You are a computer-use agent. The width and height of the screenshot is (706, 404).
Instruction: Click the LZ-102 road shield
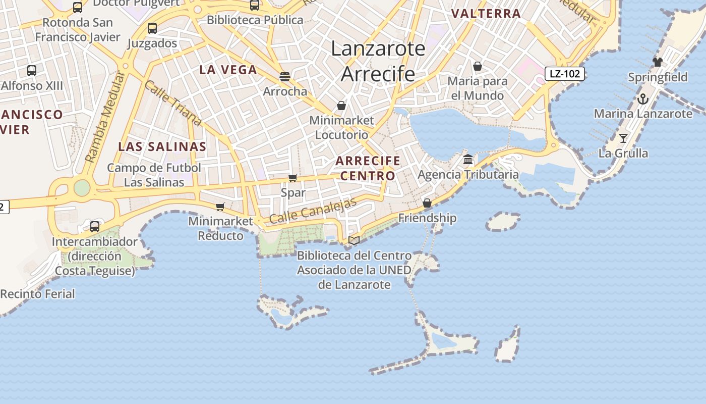565,74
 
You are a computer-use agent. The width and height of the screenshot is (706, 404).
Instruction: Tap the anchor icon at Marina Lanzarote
642,99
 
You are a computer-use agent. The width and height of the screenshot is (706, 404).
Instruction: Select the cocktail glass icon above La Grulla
623,138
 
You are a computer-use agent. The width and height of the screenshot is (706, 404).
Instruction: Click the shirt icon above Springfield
657,62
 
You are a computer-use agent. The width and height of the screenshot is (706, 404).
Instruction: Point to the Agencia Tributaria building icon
468,160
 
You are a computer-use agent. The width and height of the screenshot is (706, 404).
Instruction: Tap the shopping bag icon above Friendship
427,203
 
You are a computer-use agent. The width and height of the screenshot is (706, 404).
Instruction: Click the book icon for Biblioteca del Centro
354,240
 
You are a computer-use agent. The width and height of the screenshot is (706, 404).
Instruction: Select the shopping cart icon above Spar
292,178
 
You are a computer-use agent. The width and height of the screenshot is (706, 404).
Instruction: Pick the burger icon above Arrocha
285,76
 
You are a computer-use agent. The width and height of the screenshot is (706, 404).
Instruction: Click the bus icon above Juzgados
152,28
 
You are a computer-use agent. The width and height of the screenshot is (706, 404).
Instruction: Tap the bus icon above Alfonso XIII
32,71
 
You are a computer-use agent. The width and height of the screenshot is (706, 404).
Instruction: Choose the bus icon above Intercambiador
95,226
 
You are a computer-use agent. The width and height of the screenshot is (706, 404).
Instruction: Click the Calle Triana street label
172,103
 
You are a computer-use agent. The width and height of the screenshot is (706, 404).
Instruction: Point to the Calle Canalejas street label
313,211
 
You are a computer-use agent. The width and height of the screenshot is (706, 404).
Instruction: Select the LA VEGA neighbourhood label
228,70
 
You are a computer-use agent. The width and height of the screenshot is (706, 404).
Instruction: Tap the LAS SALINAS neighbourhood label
162,147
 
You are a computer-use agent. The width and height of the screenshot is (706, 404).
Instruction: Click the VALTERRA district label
486,14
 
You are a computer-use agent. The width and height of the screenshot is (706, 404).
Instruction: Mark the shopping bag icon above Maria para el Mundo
478,66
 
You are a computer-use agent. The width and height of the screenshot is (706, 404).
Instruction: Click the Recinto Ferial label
37,294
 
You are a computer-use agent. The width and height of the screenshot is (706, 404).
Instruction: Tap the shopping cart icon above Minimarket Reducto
220,207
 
